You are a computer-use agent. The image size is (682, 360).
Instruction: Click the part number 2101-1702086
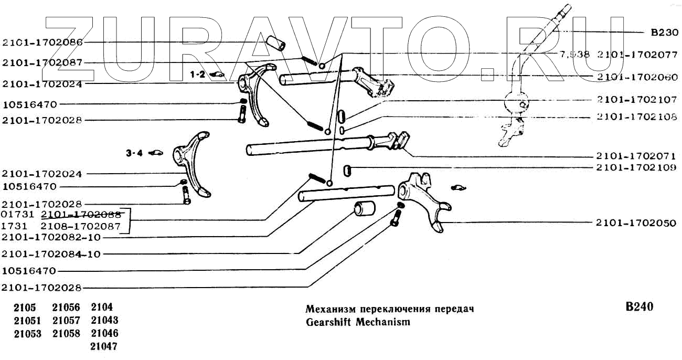tap(42, 42)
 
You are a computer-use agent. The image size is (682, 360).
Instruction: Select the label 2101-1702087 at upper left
tap(42, 63)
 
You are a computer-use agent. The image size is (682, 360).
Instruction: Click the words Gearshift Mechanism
tap(358, 322)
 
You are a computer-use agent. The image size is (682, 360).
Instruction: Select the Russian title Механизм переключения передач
tap(390, 309)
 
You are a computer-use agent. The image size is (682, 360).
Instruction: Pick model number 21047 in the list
tap(104, 346)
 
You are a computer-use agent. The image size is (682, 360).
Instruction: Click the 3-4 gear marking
tap(134, 154)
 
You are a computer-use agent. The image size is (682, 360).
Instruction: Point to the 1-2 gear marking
tap(198, 75)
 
